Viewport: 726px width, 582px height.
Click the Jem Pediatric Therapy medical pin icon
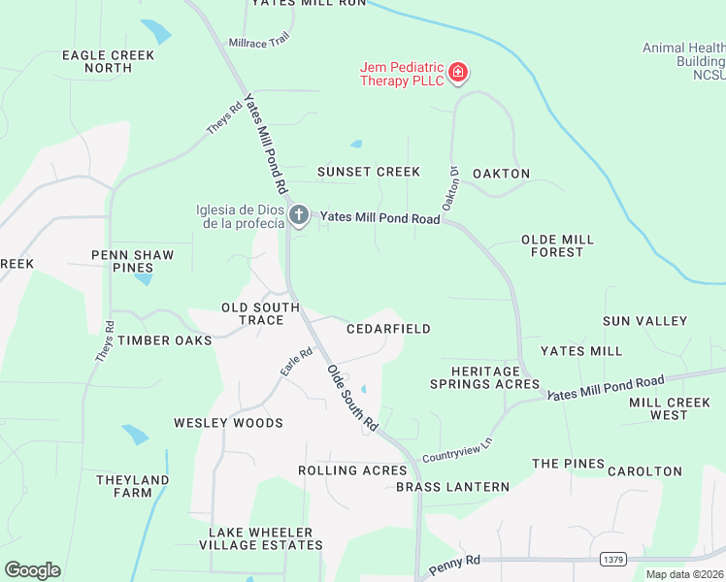[458, 72]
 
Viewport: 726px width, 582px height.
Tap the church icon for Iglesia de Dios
[299, 214]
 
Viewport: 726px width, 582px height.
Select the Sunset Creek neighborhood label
[369, 172]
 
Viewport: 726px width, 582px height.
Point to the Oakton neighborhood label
[501, 174]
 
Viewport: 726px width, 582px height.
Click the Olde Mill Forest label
[557, 245]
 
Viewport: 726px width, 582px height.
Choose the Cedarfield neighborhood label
[388, 329]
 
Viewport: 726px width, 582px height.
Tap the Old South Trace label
[260, 313]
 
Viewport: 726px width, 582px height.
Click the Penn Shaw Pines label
[132, 261]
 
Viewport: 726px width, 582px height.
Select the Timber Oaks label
[165, 340]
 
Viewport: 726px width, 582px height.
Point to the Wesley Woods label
[228, 423]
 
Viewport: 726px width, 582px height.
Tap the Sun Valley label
[644, 321]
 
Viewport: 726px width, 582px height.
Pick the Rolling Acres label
[352, 470]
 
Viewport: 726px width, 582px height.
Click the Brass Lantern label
[452, 486]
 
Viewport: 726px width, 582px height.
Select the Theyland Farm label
[132, 486]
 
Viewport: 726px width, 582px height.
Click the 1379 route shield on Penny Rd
[611, 560]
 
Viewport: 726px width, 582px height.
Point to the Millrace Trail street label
[259, 42]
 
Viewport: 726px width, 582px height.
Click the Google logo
[32, 570]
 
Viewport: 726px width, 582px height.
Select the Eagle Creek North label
[109, 61]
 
